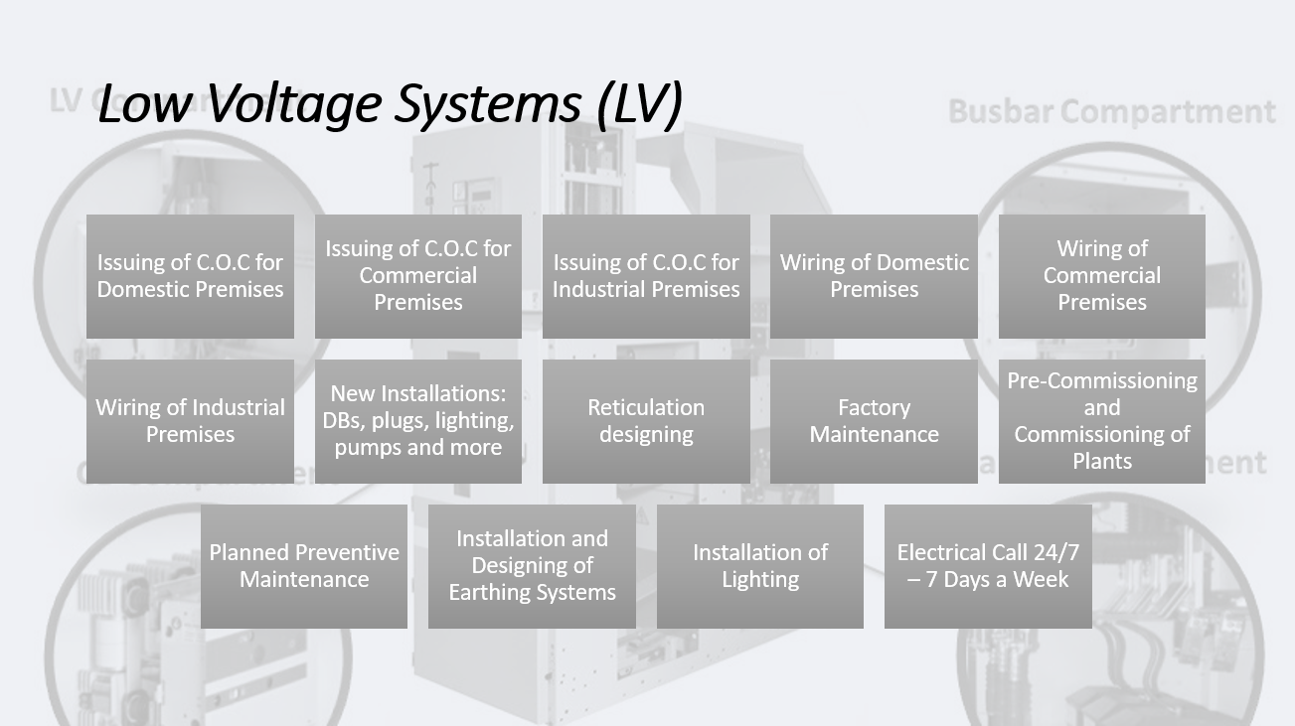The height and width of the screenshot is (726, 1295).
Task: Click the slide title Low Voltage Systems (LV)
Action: [390, 103]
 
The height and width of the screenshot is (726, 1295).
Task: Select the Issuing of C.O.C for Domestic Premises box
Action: [190, 276]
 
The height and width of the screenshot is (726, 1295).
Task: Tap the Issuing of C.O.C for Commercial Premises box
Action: [418, 276]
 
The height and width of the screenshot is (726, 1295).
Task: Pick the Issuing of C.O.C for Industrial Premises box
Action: [646, 276]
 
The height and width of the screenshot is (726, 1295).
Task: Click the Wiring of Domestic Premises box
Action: [874, 276]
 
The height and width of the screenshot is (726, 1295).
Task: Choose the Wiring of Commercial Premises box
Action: [1101, 276]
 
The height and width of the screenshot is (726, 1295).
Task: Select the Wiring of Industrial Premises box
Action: [190, 421]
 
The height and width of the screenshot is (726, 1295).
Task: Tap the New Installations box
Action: [418, 421]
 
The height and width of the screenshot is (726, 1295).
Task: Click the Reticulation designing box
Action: [646, 421]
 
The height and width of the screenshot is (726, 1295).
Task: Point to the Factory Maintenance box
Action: [874, 421]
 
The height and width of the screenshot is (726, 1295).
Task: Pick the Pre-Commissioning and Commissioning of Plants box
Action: [1101, 421]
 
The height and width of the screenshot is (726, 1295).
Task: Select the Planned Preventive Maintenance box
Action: [304, 566]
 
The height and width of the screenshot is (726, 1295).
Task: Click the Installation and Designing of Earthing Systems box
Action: [532, 566]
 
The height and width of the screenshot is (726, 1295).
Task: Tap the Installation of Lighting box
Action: [760, 566]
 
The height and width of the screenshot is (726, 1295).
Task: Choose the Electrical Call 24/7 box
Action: [988, 566]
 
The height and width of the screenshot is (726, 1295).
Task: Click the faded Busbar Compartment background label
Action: [1111, 111]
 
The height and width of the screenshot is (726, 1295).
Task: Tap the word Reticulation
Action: [646, 407]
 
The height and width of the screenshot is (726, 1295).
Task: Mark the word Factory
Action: [874, 407]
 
